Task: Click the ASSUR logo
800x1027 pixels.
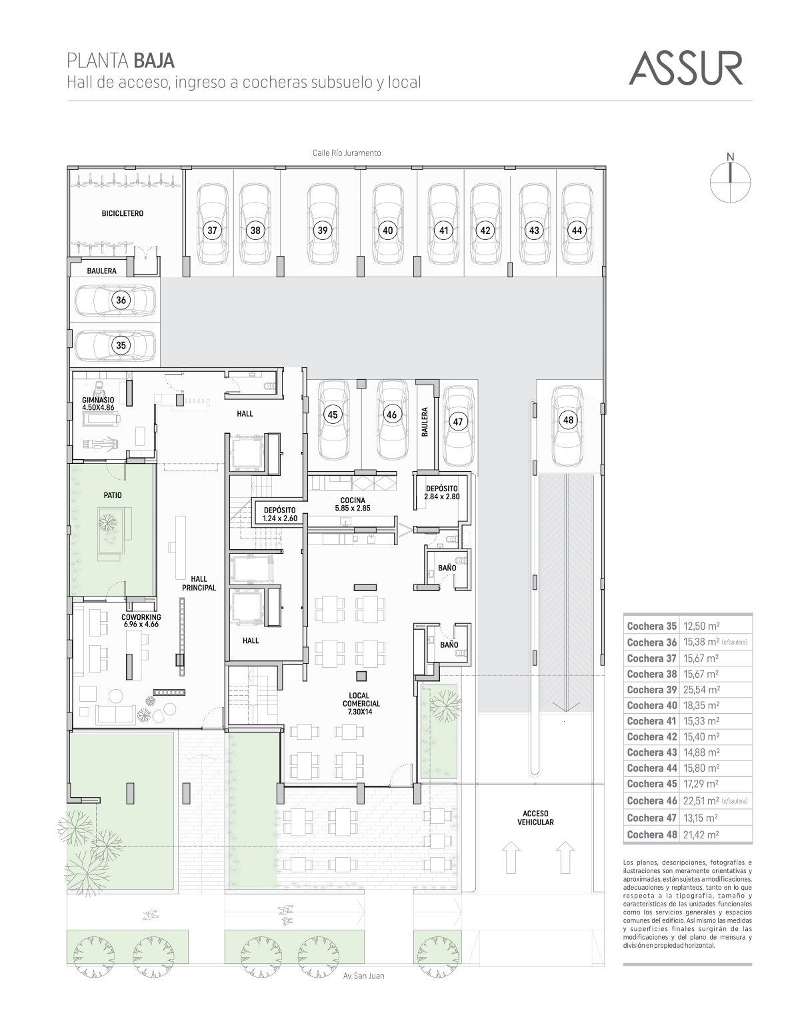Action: click(x=685, y=68)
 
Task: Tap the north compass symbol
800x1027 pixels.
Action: click(x=730, y=179)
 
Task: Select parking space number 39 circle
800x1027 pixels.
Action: click(x=322, y=231)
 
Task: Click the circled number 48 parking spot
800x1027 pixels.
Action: click(x=568, y=420)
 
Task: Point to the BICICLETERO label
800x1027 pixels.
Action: click(x=123, y=214)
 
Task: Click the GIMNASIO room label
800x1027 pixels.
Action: click(x=98, y=404)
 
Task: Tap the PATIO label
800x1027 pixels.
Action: click(x=113, y=495)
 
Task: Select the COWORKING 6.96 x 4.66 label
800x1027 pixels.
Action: click(x=141, y=620)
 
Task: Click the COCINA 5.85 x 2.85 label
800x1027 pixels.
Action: click(x=353, y=505)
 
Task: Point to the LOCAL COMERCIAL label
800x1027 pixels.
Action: click(x=361, y=703)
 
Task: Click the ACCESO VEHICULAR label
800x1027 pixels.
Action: click(x=535, y=818)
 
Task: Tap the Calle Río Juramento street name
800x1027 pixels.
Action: click(x=347, y=153)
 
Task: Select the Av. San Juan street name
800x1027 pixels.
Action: click(x=363, y=976)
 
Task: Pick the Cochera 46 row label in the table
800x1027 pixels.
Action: click(x=651, y=800)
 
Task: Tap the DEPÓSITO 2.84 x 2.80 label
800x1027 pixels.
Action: click(x=442, y=493)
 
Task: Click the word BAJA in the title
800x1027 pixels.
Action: click(x=154, y=61)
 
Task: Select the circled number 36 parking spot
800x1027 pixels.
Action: click(x=121, y=300)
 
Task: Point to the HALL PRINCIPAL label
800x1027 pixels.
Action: click(x=199, y=583)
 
